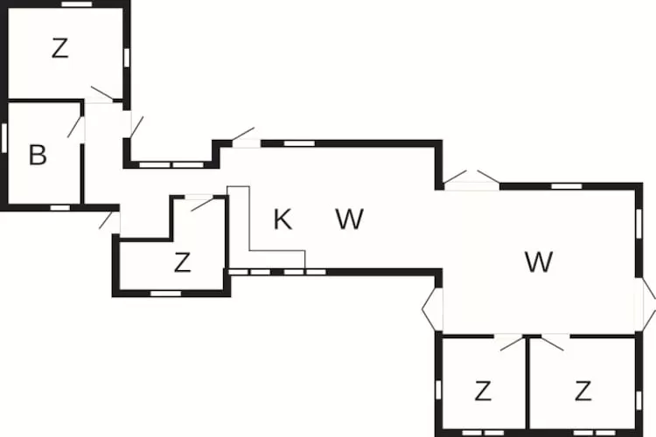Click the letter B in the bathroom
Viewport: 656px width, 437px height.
click(x=37, y=156)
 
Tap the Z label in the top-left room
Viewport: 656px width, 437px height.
click(x=59, y=49)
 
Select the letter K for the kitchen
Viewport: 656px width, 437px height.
click(x=282, y=219)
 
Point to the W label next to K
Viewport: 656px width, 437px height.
click(x=349, y=219)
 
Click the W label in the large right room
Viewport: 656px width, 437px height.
click(x=539, y=261)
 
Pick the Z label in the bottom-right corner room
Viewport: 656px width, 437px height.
click(x=583, y=390)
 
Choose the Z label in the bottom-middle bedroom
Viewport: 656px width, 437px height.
click(x=482, y=391)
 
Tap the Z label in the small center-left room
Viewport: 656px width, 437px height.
click(x=182, y=262)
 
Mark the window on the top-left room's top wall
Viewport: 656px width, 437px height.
click(x=77, y=4)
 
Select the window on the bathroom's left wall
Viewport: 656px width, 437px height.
click(x=4, y=137)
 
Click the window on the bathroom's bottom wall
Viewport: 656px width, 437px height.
click(x=59, y=207)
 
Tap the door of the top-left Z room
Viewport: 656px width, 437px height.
click(x=101, y=94)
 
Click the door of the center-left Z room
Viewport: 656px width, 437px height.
click(x=201, y=204)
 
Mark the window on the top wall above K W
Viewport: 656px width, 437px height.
click(x=299, y=142)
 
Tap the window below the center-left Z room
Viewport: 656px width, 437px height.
click(x=165, y=294)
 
